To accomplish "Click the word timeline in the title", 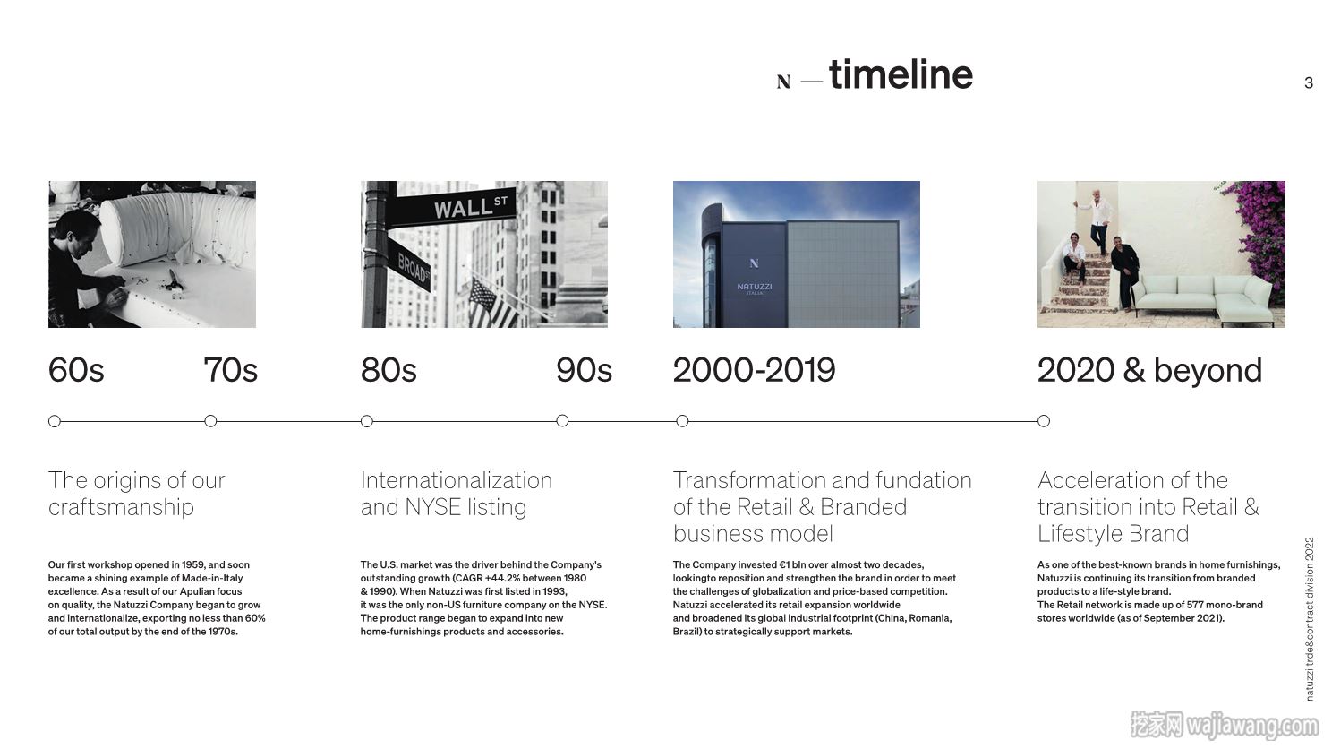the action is click(901, 74).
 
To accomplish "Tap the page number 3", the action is click(1308, 82).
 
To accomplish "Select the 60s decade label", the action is click(76, 370).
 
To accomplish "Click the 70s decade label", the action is click(231, 370).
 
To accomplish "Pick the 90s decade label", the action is click(584, 370).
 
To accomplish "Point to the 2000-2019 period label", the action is click(754, 370).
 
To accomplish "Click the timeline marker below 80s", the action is click(367, 421).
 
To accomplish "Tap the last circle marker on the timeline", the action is click(1044, 421).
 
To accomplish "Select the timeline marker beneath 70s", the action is click(210, 421).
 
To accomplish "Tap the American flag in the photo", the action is click(491, 304).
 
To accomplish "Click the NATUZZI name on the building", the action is click(755, 287).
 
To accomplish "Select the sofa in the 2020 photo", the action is click(1204, 296).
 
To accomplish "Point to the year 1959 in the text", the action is click(193, 564).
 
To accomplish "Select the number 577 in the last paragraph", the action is click(1195, 605).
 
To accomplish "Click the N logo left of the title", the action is click(784, 82).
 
